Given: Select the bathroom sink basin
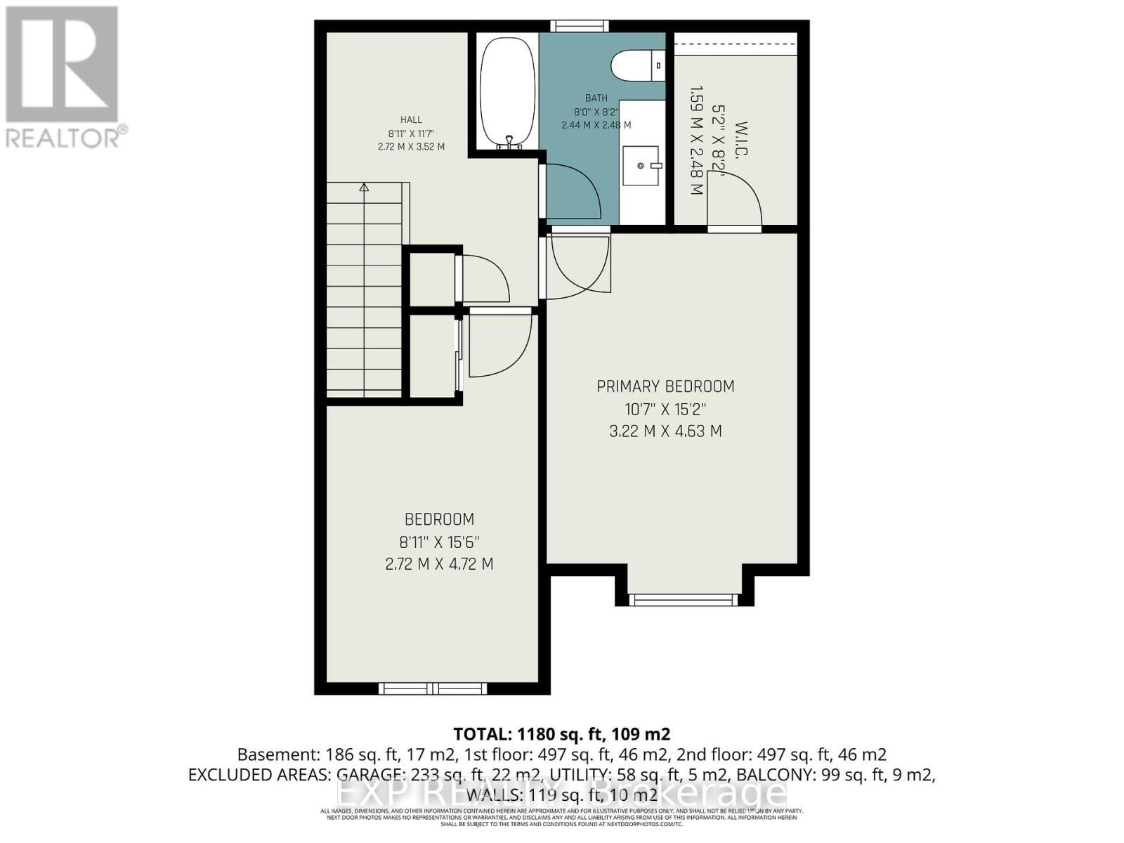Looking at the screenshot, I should pos(641,166).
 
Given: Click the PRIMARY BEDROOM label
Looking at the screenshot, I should pos(665,386).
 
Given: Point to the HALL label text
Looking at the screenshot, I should pos(411,120).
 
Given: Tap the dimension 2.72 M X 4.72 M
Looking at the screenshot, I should pos(439,564).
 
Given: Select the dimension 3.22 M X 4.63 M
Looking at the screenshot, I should pos(665,431).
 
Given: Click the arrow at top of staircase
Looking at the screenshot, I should pos(364,188).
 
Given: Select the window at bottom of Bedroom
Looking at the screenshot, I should pos(433,688).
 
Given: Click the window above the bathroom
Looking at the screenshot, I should pos(580,26).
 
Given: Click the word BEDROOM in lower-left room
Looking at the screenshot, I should pos(439,520).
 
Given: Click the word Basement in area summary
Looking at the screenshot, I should pos(277,755).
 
